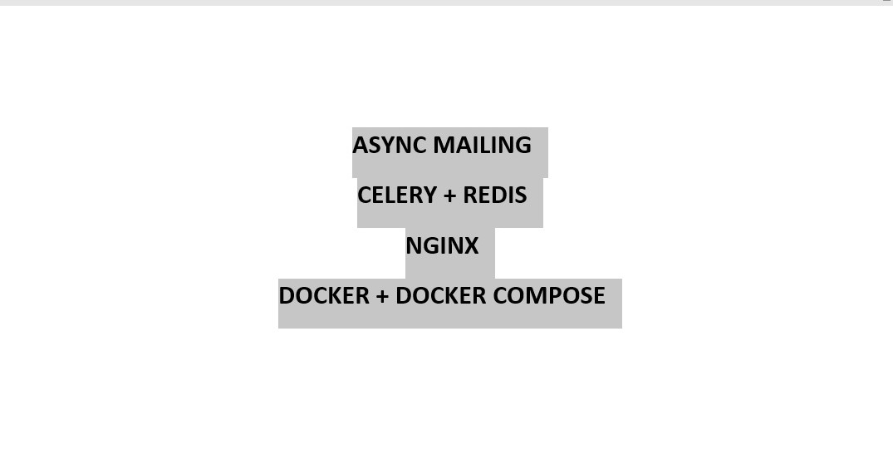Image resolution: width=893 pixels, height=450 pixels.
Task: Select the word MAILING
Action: (482, 146)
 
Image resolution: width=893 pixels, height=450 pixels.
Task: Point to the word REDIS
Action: (495, 195)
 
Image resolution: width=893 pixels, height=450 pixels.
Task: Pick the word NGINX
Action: (442, 246)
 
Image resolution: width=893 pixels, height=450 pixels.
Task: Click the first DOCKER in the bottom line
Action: (324, 296)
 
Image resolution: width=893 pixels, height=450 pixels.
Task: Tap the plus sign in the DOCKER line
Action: (382, 297)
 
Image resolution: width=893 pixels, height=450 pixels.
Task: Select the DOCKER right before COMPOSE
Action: (441, 296)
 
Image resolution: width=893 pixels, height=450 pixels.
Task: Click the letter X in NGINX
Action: (471, 246)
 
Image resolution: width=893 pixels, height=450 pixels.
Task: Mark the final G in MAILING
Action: (523, 146)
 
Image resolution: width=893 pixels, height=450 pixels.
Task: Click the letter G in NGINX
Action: (429, 246)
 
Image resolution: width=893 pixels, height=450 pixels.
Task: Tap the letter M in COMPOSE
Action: (537, 296)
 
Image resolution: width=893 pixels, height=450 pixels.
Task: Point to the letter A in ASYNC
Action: (360, 146)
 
